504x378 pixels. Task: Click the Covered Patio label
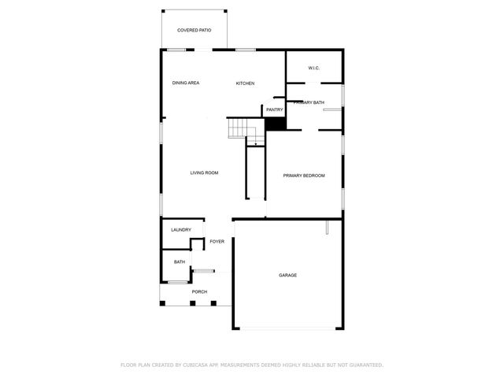(x=194, y=30)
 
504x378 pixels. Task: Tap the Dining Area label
(x=186, y=83)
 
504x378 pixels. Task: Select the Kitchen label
(x=245, y=83)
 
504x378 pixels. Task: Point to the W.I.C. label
(x=313, y=68)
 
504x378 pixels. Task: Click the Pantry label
(x=274, y=109)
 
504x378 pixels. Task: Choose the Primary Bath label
(x=309, y=102)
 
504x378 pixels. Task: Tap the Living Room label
(x=204, y=173)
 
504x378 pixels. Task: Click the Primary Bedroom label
(x=304, y=176)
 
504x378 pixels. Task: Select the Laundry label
(x=181, y=230)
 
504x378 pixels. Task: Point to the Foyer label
(x=217, y=242)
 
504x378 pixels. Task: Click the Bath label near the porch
(x=180, y=262)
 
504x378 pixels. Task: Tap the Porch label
(x=199, y=292)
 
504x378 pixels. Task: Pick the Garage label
(x=287, y=275)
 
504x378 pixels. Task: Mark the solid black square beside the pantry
(x=275, y=124)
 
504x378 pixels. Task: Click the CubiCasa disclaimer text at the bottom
(x=251, y=365)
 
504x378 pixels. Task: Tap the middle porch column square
(x=193, y=303)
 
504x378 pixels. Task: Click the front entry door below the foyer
(x=203, y=271)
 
